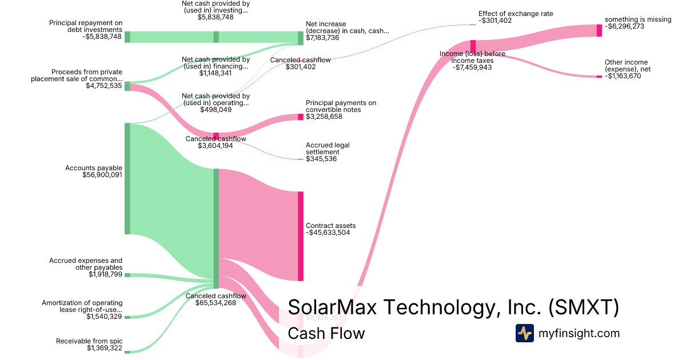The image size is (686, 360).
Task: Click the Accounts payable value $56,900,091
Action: tap(102, 175)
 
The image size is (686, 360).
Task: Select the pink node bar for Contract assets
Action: tap(301, 236)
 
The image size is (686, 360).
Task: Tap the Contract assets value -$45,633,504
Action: tap(328, 233)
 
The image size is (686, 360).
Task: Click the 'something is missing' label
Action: tap(638, 19)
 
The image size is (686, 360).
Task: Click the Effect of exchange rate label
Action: tap(516, 14)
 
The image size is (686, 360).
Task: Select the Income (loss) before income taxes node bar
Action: tap(473, 46)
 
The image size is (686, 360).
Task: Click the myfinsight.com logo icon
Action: tap(524, 333)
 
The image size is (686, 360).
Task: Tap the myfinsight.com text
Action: tap(579, 333)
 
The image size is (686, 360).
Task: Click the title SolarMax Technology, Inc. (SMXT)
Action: tap(453, 307)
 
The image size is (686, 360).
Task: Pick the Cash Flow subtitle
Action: tap(326, 333)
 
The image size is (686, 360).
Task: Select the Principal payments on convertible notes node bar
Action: tap(301, 117)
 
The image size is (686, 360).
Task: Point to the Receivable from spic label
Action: tap(89, 341)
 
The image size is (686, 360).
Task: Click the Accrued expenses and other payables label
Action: tap(85, 264)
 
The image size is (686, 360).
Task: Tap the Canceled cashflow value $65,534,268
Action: tap(216, 303)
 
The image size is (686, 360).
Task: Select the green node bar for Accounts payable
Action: tap(127, 178)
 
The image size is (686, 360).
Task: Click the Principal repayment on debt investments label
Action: tap(86, 26)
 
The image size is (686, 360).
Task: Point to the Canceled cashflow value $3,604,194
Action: tap(216, 146)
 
